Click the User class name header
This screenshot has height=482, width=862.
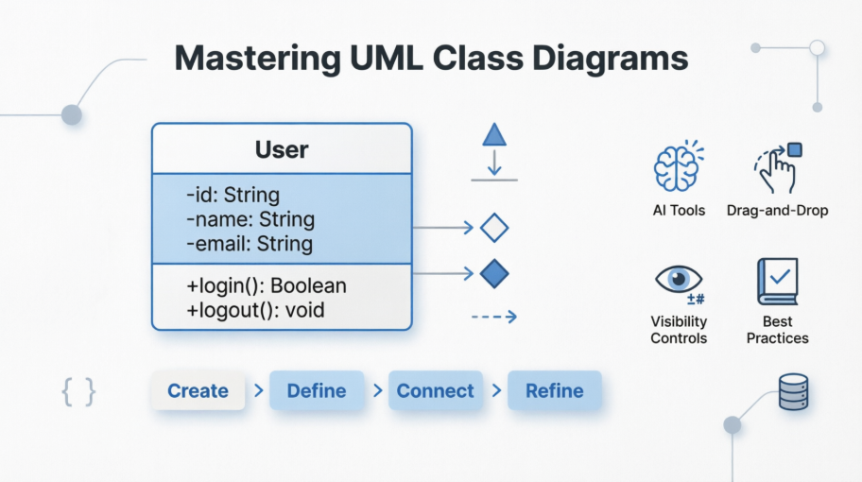point(282,149)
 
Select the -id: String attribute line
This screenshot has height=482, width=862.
point(233,196)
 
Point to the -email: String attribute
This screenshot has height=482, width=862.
point(250,244)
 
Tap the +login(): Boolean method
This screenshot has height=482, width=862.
point(267,284)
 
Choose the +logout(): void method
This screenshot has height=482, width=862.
point(255,309)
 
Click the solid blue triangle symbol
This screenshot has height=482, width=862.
point(494,135)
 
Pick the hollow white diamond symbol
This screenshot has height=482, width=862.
point(494,228)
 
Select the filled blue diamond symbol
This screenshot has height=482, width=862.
point(494,274)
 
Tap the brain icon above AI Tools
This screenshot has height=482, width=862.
point(678,168)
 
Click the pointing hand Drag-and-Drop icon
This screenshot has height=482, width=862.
point(777,168)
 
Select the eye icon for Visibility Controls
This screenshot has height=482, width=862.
point(678,280)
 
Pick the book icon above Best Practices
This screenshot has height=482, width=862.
point(777,281)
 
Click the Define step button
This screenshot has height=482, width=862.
point(316,390)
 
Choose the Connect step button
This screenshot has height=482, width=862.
point(435,390)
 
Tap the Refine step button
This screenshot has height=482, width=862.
point(554,390)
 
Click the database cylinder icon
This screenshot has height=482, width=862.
point(793,391)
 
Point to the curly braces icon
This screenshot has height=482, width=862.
point(78,391)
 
